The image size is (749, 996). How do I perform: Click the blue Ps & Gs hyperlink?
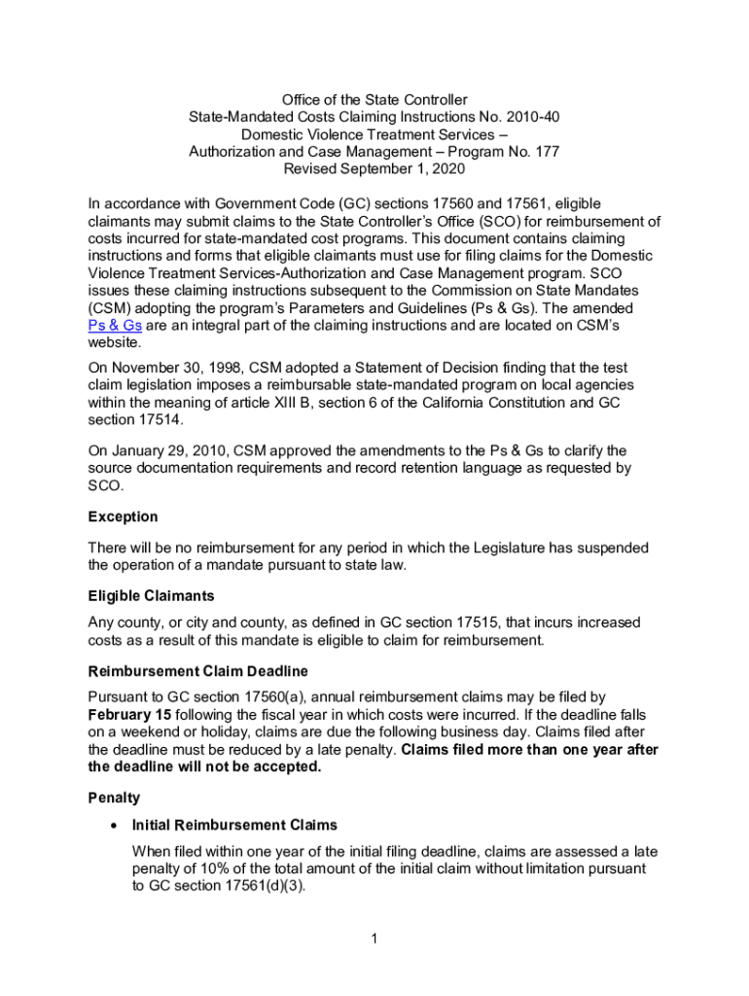click(115, 326)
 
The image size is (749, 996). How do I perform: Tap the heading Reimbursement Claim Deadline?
click(198, 671)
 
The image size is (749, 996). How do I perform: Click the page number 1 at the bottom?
click(374, 939)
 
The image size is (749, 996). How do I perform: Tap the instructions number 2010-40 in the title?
click(532, 117)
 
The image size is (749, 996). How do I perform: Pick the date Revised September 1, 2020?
click(374, 169)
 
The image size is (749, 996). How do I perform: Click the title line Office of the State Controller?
click(374, 99)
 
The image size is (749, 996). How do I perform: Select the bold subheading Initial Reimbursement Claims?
click(234, 825)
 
